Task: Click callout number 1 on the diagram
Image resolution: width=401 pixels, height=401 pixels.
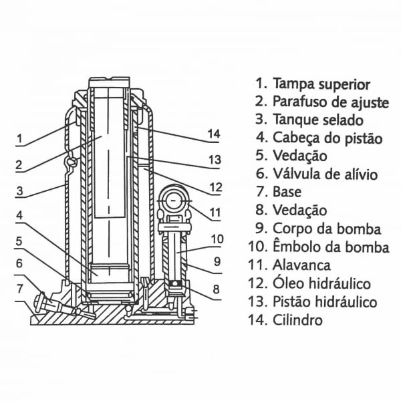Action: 20,140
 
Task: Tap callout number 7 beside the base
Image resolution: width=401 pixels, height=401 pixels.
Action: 20,289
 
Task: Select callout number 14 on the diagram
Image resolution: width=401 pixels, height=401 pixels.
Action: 214,134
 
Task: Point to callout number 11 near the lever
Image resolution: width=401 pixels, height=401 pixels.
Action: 215,214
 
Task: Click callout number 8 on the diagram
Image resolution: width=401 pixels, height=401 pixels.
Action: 215,289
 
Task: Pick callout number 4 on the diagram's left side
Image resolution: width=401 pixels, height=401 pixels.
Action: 20,216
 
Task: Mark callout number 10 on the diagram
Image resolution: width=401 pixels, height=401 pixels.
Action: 217,239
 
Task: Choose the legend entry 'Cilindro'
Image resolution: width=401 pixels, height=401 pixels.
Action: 297,319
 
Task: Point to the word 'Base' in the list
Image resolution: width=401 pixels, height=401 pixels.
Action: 287,192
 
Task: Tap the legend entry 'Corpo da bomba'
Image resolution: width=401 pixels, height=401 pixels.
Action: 327,229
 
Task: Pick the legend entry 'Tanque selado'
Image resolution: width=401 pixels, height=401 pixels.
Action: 318,120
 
